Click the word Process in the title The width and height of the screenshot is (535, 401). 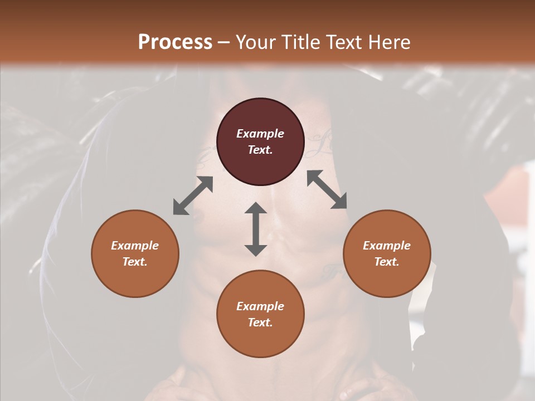(175, 42)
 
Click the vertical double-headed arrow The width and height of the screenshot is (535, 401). (256, 229)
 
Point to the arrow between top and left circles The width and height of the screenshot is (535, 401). (193, 195)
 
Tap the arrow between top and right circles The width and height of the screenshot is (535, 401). (327, 189)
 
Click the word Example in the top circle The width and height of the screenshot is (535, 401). (260, 134)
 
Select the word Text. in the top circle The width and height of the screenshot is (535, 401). (260, 150)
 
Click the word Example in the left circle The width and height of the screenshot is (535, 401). (135, 246)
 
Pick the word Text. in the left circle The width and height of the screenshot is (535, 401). (135, 262)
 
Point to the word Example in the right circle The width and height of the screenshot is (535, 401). (387, 246)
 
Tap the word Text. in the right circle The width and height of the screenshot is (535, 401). (387, 262)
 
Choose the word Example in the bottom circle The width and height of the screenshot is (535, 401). (260, 306)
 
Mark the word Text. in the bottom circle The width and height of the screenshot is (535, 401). (260, 322)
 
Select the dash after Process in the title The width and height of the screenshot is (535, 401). (223, 43)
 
